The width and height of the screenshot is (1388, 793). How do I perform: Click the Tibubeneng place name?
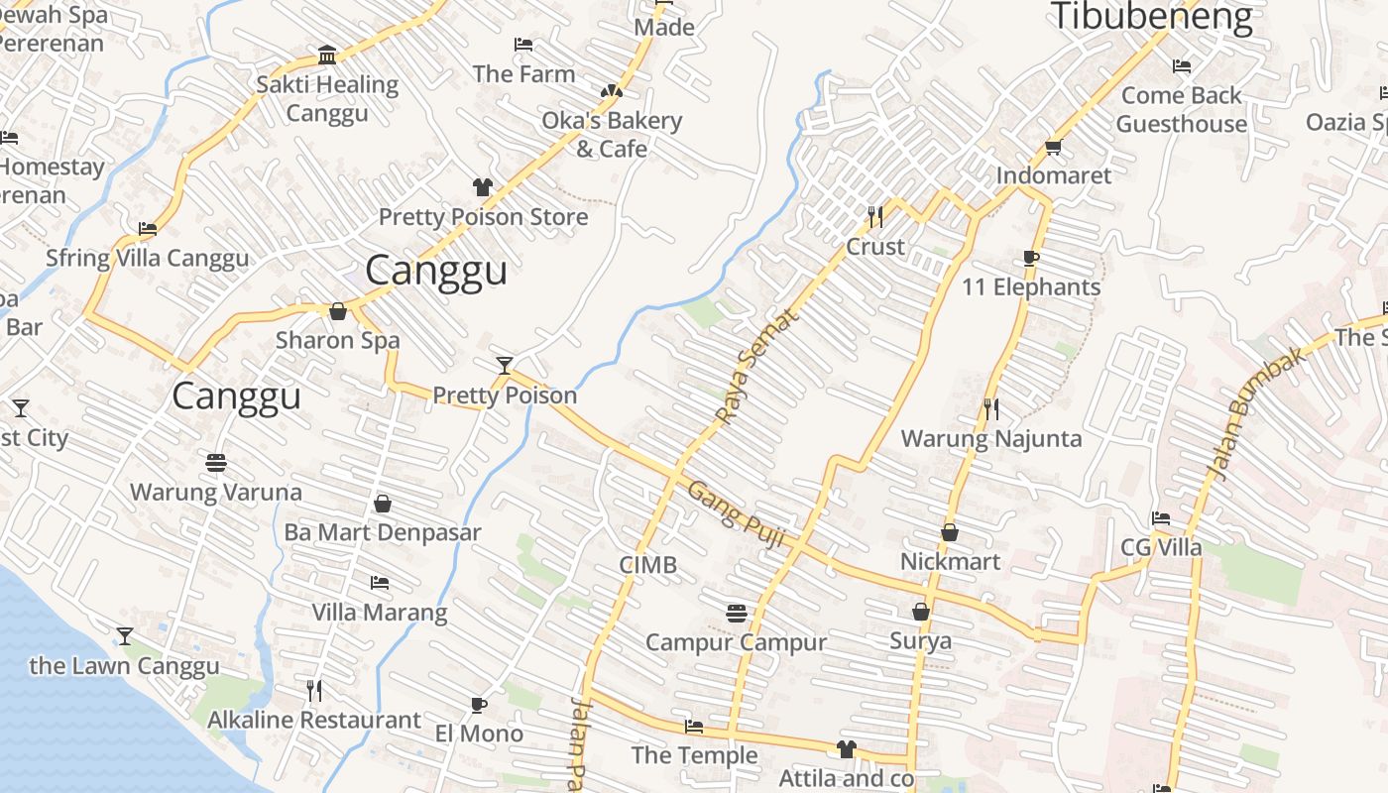click(x=1151, y=17)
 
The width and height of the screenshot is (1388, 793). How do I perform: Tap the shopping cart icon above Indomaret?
click(x=1053, y=148)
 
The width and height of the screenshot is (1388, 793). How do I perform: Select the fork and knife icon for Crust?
click(x=875, y=216)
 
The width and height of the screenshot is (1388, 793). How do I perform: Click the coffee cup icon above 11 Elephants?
click(x=1031, y=259)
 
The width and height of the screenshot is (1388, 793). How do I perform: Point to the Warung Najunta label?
click(x=990, y=438)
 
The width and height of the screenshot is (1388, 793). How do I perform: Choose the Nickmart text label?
click(x=950, y=561)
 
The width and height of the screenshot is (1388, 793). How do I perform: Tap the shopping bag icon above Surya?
click(x=921, y=612)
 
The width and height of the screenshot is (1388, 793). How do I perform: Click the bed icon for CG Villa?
click(x=1161, y=518)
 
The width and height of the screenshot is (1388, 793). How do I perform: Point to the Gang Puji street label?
click(x=737, y=514)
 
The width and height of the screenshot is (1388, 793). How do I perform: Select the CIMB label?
click(x=647, y=565)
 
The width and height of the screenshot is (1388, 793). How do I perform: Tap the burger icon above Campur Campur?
click(x=736, y=613)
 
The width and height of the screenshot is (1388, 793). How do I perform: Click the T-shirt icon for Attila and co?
click(x=846, y=749)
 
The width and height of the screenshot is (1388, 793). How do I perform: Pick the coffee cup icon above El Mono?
click(x=479, y=705)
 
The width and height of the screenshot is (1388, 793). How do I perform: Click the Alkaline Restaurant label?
click(x=314, y=720)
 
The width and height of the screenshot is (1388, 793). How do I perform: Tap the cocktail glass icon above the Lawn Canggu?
click(x=125, y=635)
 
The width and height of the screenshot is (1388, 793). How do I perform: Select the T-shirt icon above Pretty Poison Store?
click(x=483, y=187)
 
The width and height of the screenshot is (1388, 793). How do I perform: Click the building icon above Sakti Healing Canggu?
click(x=327, y=55)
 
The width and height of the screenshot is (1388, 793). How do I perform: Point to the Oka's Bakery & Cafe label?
click(x=612, y=135)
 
